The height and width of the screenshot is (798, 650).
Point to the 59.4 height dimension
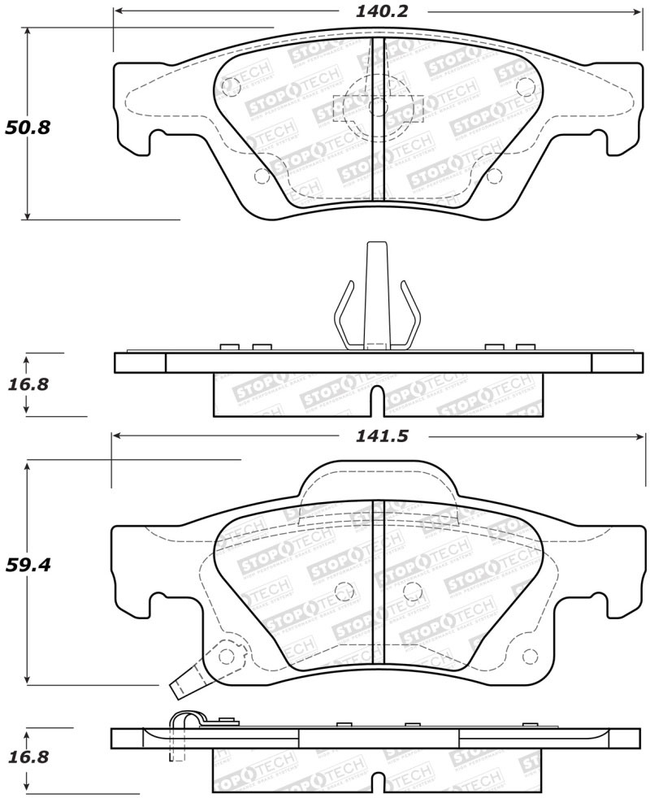click(x=28, y=564)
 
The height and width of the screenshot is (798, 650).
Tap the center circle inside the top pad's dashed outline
click(x=378, y=106)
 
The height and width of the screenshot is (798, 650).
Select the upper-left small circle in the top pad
click(x=230, y=83)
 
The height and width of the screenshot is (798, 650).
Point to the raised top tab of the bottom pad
click(x=378, y=479)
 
